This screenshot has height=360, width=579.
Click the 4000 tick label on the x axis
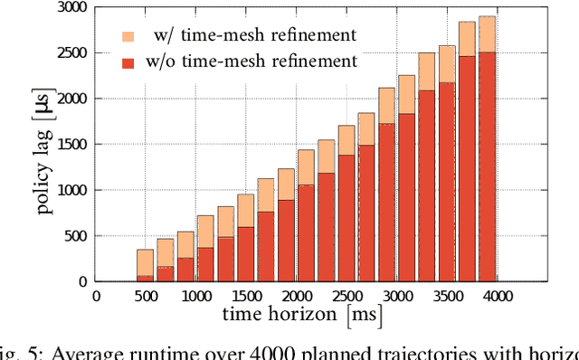497,296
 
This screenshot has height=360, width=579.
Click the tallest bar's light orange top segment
487,33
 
